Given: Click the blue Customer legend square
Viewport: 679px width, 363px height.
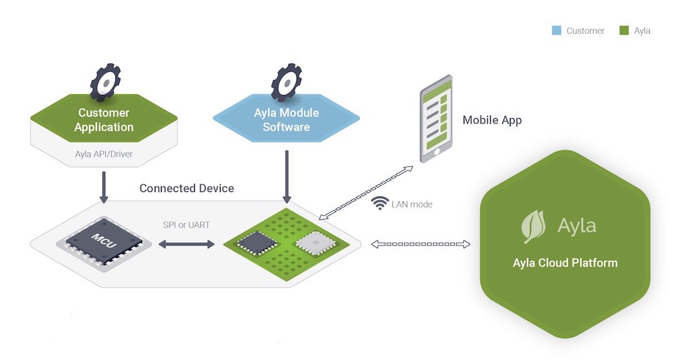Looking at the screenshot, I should coord(557,31).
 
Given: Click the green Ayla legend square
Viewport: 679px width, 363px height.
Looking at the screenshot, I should coord(623,31).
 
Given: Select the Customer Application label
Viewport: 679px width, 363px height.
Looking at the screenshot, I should coord(104,120).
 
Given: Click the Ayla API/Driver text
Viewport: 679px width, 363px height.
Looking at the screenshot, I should coord(103,154).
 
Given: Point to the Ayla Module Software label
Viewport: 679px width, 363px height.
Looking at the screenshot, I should coord(286,120).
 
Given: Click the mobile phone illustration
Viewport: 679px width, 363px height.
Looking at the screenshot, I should coord(435,119).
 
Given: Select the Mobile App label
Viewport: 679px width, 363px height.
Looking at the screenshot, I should coord(492,120).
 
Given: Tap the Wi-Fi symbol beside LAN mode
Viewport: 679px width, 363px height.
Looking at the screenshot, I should coord(382,203).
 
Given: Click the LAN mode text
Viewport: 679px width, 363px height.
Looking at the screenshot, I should coord(412,204).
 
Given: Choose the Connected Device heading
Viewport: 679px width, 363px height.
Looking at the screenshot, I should coord(187,189).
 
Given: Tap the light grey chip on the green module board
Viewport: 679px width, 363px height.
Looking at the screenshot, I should coord(311,242).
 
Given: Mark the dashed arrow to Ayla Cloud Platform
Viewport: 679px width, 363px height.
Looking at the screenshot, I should coord(420,244).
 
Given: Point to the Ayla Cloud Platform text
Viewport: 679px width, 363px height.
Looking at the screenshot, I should coord(565,263).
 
